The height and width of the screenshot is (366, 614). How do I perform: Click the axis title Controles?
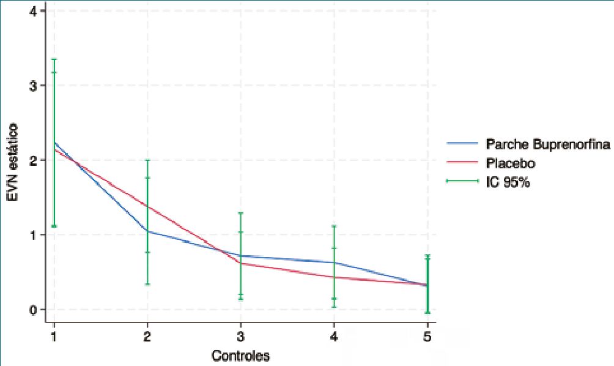click(x=240, y=355)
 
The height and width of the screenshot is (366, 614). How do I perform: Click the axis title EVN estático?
click(x=13, y=160)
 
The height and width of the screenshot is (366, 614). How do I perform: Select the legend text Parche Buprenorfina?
click(x=547, y=145)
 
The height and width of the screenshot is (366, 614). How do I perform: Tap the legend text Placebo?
click(x=510, y=164)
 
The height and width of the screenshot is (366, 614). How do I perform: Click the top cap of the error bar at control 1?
click(x=54, y=59)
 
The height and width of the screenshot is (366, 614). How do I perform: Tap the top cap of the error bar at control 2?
click(x=147, y=160)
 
